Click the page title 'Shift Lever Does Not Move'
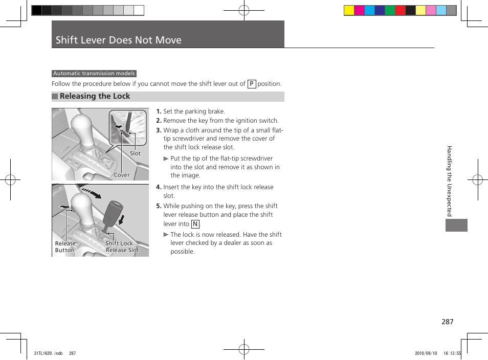click(118, 40)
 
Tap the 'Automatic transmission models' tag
click(94, 74)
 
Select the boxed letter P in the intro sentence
click(251, 84)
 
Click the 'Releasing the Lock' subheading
click(95, 96)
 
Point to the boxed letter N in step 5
click(195, 224)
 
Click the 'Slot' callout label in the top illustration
click(135, 153)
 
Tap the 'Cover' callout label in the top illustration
click(122, 175)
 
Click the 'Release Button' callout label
click(65, 247)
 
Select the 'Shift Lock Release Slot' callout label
click(122, 247)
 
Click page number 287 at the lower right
click(447, 322)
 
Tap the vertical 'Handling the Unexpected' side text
click(450, 181)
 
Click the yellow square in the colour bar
click(349, 11)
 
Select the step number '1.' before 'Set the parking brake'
click(159, 111)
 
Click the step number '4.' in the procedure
click(159, 187)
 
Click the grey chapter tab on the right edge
click(456, 225)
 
